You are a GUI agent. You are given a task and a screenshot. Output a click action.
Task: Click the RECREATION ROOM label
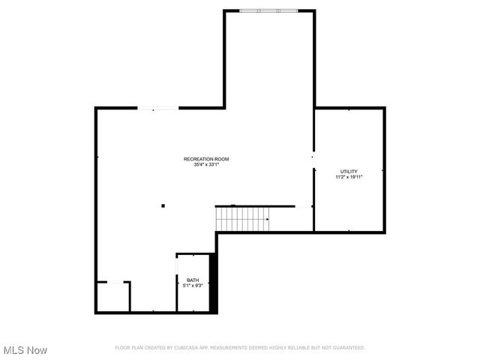[206, 159]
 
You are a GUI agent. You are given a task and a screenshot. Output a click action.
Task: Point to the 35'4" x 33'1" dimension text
[206, 165]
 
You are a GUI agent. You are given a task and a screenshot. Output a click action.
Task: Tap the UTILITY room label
[349, 171]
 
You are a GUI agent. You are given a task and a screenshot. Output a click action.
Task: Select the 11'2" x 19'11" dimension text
[349, 177]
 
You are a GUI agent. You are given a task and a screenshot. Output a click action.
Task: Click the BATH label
[193, 280]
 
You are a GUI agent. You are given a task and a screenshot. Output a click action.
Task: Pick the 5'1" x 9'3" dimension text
[193, 286]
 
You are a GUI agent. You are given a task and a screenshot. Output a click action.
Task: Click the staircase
[241, 219]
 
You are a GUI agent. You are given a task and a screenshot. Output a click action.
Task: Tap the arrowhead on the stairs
[266, 219]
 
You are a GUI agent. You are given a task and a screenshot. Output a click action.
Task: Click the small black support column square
[163, 205]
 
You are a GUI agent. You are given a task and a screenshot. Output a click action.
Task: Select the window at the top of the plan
[268, 10]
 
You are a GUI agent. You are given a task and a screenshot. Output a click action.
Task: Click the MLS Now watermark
[25, 350]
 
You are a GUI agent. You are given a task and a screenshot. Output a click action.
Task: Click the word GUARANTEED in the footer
[349, 348]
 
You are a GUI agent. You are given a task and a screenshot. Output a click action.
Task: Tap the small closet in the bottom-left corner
[112, 297]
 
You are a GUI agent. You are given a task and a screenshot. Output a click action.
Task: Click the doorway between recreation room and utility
[313, 159]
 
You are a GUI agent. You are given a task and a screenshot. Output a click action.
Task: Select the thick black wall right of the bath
[213, 283]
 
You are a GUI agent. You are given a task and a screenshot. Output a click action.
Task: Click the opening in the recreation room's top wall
[157, 109]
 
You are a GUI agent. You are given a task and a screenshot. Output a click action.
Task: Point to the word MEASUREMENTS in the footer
[227, 348]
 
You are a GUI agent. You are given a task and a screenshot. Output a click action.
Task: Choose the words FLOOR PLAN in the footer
[129, 348]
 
